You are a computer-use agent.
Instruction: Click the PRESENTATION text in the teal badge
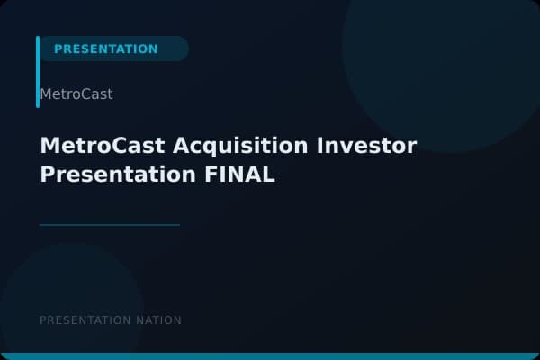click(x=105, y=49)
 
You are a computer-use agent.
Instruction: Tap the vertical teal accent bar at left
click(x=38, y=72)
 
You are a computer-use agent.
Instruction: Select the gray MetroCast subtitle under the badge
click(x=76, y=94)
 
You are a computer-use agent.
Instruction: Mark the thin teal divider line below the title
click(x=110, y=225)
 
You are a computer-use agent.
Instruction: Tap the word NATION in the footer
click(x=158, y=320)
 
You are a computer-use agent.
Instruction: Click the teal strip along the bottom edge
click(x=270, y=356)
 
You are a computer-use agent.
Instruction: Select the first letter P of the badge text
click(x=58, y=49)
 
